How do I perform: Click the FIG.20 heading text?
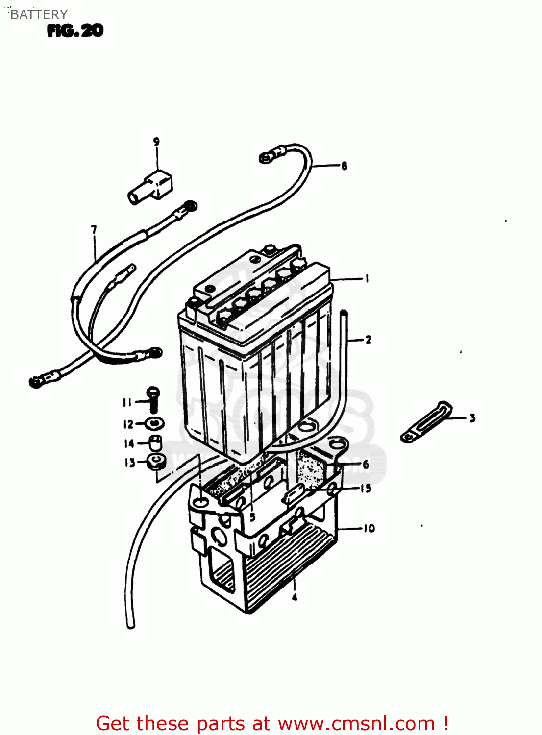75,31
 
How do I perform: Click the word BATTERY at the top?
38,15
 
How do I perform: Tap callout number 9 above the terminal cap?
156,142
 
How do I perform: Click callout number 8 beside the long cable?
344,166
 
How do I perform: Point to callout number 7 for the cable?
94,229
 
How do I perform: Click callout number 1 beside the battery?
367,278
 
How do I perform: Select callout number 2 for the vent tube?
368,340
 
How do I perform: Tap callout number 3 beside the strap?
472,418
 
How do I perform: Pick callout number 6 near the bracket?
366,464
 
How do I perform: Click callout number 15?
366,488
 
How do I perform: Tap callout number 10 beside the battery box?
369,528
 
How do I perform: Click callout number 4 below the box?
295,597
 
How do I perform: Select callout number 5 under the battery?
252,516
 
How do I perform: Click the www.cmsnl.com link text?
356,723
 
